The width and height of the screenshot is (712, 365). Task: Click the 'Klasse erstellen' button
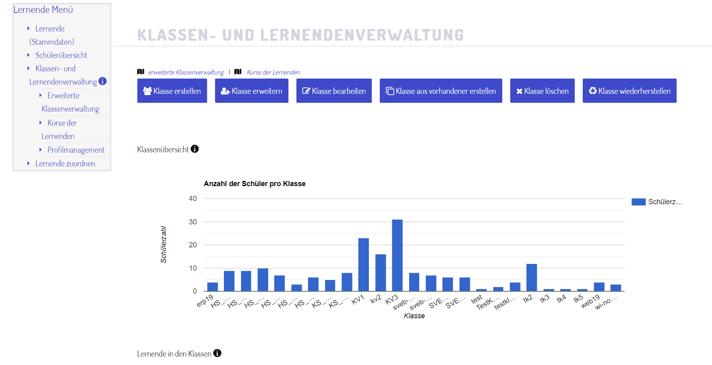(172, 91)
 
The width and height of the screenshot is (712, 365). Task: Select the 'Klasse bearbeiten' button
(334, 91)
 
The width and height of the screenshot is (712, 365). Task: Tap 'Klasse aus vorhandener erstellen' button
(441, 91)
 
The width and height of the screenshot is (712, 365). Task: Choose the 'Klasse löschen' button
(542, 91)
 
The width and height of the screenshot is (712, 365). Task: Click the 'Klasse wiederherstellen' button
(629, 91)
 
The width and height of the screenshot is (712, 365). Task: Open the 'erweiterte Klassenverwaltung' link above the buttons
(186, 72)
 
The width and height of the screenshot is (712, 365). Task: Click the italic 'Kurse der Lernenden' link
(273, 72)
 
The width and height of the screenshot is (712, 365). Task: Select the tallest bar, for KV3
(397, 255)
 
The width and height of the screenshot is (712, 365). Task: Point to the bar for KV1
(364, 265)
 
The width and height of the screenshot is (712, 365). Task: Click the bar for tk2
(532, 278)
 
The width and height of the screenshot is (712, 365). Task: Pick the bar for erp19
(213, 287)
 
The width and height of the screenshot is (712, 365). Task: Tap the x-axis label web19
(590, 302)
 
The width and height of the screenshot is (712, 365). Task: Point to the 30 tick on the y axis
(193, 222)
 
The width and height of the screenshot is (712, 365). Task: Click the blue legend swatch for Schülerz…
(638, 202)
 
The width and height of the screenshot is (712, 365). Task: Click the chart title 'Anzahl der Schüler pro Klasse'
(255, 184)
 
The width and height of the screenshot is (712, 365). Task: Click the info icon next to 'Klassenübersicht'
(195, 149)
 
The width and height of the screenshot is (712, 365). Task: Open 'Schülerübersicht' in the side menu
(61, 55)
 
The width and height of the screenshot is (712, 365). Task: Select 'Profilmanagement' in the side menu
(76, 150)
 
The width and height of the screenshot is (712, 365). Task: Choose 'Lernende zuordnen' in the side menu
(65, 164)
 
